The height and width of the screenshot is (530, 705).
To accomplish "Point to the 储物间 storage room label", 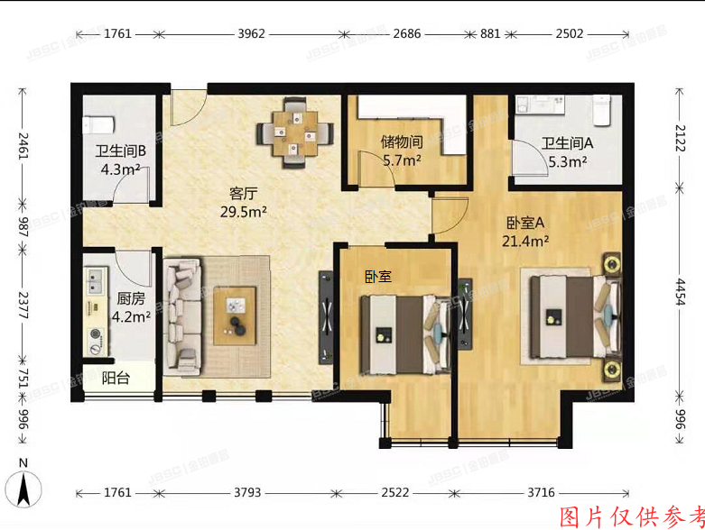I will [402, 142].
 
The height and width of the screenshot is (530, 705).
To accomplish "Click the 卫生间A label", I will [566, 142].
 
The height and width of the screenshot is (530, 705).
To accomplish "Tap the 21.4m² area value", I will [526, 241].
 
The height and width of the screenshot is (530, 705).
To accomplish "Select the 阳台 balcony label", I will [115, 378].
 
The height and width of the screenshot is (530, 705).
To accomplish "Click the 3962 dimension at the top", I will [250, 34].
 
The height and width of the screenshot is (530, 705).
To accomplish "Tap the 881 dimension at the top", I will [490, 34].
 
